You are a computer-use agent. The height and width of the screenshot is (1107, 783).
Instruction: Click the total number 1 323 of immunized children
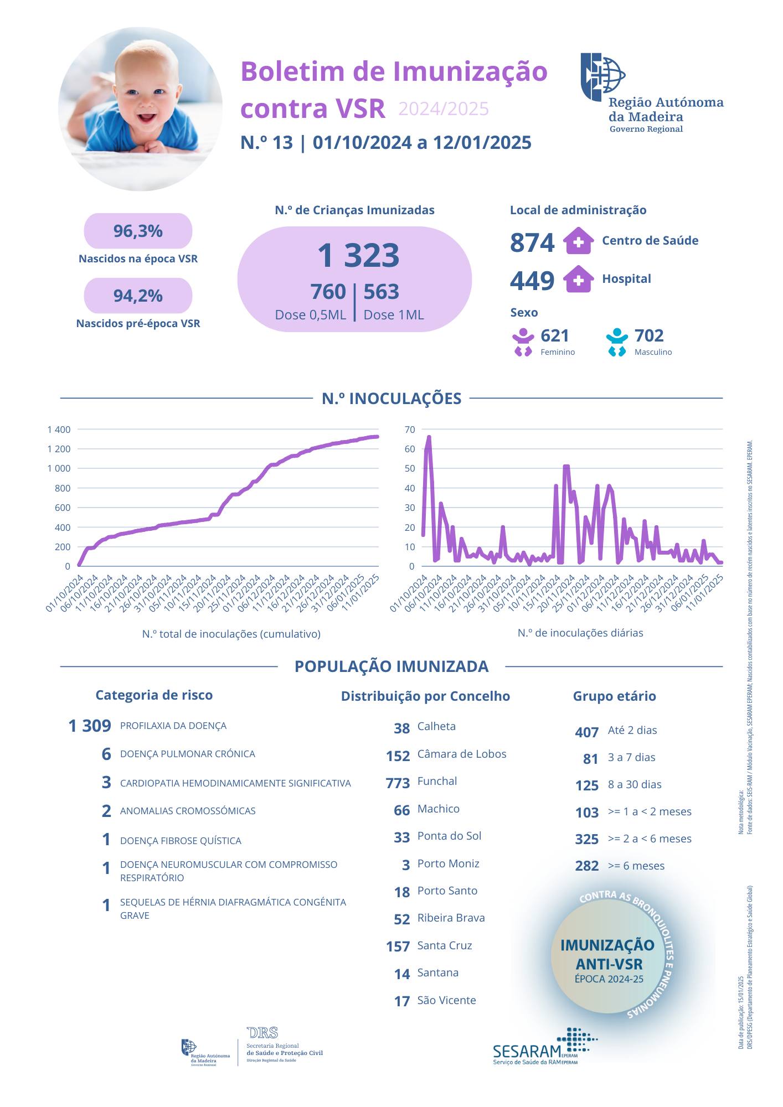click(358, 256)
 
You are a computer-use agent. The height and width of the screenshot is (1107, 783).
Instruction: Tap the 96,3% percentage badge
click(138, 231)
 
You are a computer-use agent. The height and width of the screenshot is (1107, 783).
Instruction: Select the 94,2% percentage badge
click(138, 296)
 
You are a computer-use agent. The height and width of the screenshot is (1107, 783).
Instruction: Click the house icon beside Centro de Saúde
click(578, 241)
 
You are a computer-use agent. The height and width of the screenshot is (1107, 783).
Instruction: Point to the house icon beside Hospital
click(578, 279)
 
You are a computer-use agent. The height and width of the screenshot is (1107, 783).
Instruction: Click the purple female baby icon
click(523, 342)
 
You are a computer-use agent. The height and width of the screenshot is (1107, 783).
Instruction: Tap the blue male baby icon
click(617, 342)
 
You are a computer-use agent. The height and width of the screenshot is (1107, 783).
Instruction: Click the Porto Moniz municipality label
click(448, 863)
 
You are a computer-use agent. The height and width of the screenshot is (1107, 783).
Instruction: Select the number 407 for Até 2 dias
click(586, 732)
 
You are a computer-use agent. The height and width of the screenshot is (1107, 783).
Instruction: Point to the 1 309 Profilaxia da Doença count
click(90, 726)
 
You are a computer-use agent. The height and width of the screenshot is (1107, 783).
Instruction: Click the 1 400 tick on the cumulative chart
click(59, 430)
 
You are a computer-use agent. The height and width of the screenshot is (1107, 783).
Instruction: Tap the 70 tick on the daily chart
click(410, 430)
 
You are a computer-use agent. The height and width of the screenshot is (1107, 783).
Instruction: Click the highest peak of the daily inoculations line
click(429, 437)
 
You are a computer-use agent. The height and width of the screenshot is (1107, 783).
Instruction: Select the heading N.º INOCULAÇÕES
click(391, 399)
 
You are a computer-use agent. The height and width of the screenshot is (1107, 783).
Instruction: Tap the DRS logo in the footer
click(263, 1033)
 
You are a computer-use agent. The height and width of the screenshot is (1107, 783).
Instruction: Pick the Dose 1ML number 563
click(381, 292)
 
